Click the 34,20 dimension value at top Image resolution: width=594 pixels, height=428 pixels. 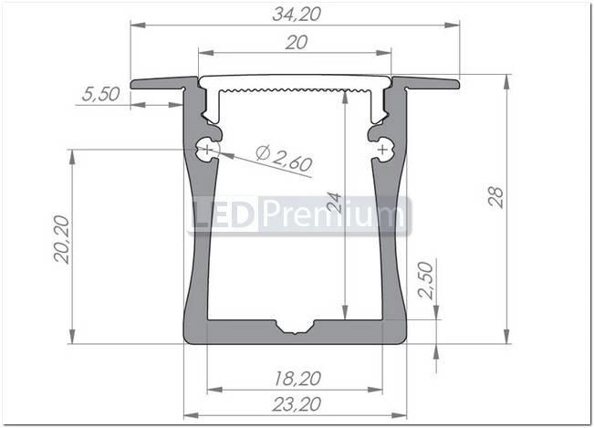[x=295, y=13]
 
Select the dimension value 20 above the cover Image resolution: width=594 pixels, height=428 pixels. [x=296, y=43]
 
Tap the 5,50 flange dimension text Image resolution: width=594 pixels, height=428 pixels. [x=99, y=93]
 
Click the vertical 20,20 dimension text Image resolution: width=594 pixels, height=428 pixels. [x=61, y=240]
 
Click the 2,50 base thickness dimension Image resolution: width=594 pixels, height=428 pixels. [x=425, y=280]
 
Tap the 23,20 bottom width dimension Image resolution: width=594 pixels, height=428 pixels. [x=296, y=404]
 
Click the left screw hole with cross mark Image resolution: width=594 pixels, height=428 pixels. [x=208, y=147]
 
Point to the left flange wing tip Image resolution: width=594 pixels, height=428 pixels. [x=135, y=85]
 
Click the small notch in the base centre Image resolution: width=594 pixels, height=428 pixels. [x=295, y=327]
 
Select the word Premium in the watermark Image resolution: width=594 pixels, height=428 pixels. [x=331, y=216]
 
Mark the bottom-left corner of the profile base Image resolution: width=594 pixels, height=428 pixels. [x=187, y=340]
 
